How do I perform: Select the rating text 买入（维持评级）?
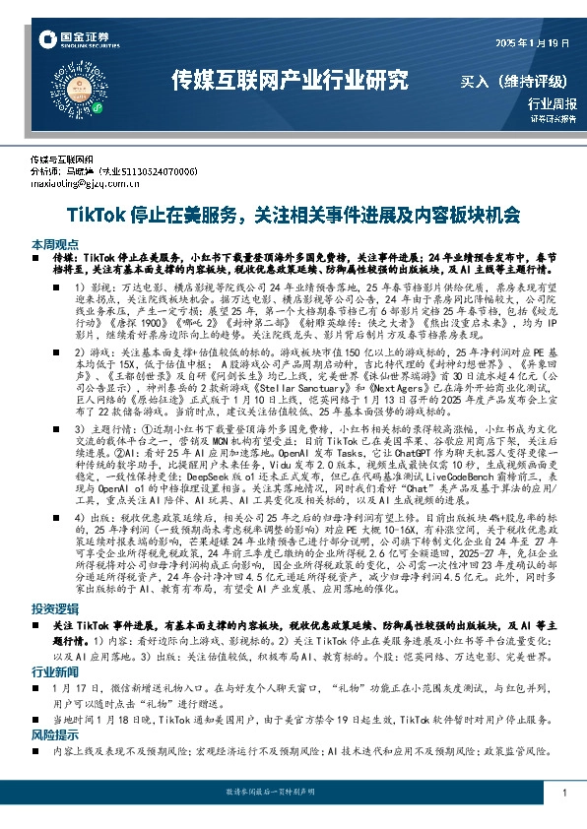coord(519,81)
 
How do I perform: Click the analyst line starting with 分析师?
coord(113,170)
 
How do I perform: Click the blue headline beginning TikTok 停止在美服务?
coord(293,214)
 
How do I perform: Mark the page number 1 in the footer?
coord(563,793)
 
